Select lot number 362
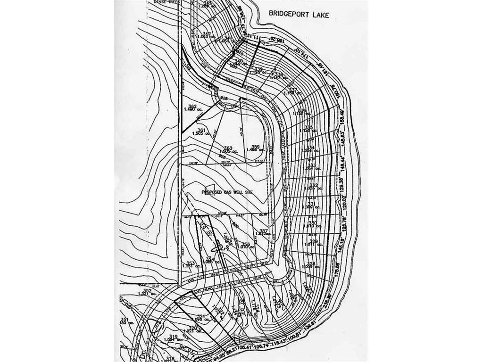[192, 106]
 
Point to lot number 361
[201, 131]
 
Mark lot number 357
[264, 230]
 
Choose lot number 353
[190, 263]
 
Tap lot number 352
[147, 290]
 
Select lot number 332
[314, 185]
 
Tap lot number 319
[173, 336]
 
